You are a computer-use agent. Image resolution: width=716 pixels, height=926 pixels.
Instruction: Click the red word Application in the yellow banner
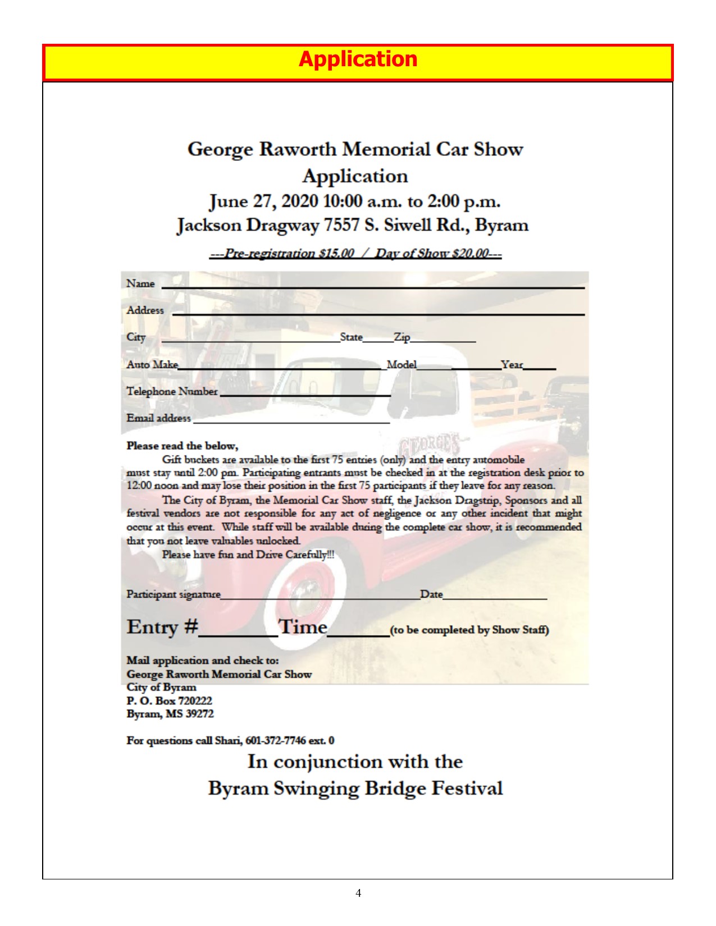(x=358, y=59)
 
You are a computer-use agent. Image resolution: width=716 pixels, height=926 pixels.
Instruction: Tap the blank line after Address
(x=378, y=314)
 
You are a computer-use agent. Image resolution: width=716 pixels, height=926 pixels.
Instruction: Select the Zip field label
(x=402, y=337)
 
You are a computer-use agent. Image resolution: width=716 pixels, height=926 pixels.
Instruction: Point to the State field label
(x=351, y=337)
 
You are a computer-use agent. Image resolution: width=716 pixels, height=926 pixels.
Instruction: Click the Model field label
(x=402, y=364)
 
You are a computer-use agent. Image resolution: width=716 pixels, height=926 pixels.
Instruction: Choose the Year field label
(x=512, y=364)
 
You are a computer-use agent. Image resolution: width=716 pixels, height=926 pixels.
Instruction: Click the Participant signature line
(x=320, y=598)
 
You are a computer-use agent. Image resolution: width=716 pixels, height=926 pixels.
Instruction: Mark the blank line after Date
(x=494, y=598)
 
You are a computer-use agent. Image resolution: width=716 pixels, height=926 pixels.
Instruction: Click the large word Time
(x=303, y=626)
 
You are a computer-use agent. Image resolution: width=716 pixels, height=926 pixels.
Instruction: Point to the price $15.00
(x=336, y=253)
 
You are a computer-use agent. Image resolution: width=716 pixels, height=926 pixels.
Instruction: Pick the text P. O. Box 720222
(x=169, y=700)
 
